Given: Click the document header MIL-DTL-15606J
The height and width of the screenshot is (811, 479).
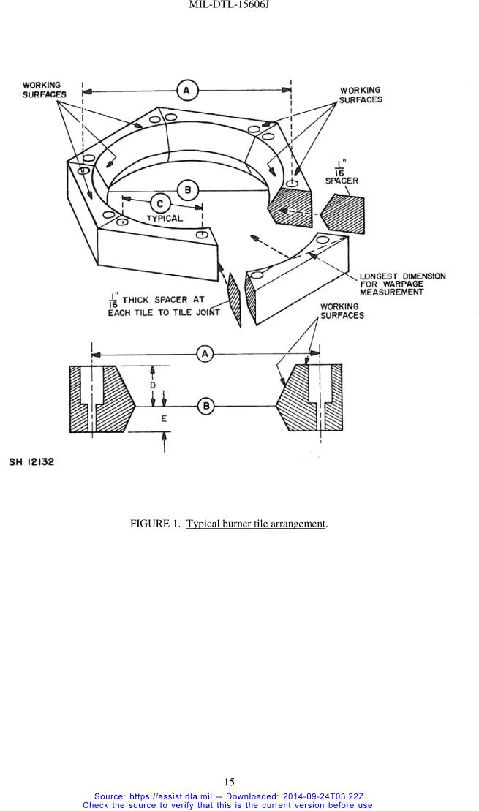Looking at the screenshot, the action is [x=230, y=4].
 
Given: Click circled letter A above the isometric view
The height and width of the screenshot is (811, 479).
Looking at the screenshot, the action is [x=186, y=91].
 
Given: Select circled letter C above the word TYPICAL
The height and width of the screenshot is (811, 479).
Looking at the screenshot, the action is [x=160, y=203].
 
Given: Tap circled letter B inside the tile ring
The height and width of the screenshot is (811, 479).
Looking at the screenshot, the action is [x=188, y=190].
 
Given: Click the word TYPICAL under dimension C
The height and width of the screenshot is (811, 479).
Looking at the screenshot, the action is [x=164, y=218].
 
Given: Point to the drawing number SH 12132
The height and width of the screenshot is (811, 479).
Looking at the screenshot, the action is [x=31, y=462].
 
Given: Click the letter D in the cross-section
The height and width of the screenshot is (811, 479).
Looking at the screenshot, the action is [x=153, y=386].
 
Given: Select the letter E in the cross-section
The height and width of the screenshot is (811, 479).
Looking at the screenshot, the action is [x=164, y=419].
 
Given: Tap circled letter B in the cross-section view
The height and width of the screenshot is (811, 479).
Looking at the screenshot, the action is [x=206, y=406].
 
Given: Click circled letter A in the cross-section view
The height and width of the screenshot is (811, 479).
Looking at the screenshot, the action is [x=205, y=354].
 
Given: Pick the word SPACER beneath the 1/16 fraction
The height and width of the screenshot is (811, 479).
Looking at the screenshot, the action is [x=342, y=181].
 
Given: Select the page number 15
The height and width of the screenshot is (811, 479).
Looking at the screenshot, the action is [x=230, y=782].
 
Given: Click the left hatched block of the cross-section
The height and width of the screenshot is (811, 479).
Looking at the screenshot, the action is [x=102, y=399].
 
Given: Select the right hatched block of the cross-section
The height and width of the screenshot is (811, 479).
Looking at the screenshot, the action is [x=309, y=399].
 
